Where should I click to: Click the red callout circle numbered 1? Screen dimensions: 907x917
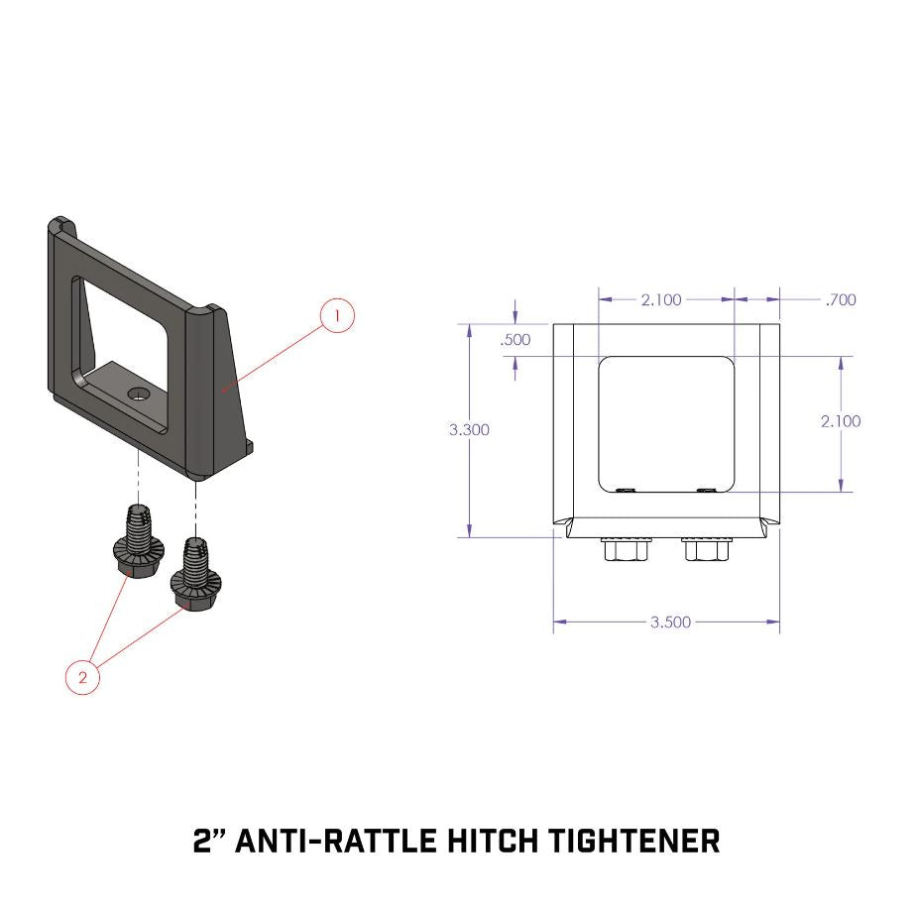pyautogui.click(x=337, y=316)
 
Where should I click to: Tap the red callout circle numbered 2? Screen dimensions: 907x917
pyautogui.click(x=82, y=678)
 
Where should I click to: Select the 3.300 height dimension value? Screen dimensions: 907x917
pyautogui.click(x=469, y=430)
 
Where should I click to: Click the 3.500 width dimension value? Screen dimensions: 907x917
pyautogui.click(x=670, y=623)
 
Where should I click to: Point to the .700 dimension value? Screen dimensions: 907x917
pyautogui.click(x=840, y=299)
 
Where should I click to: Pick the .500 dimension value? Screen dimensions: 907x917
pyautogui.click(x=516, y=339)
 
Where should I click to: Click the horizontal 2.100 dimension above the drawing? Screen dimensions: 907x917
pyautogui.click(x=661, y=299)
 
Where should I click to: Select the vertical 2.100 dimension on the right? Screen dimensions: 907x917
pyautogui.click(x=841, y=421)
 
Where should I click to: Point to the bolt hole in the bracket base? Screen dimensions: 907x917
pyautogui.click(x=139, y=395)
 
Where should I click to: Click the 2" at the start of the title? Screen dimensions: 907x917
pyautogui.click(x=212, y=842)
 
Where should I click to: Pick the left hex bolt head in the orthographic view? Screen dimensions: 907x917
pyautogui.click(x=626, y=549)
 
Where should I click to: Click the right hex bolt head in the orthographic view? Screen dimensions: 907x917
pyautogui.click(x=706, y=549)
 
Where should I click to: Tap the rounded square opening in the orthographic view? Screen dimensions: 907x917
pyautogui.click(x=666, y=423)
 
